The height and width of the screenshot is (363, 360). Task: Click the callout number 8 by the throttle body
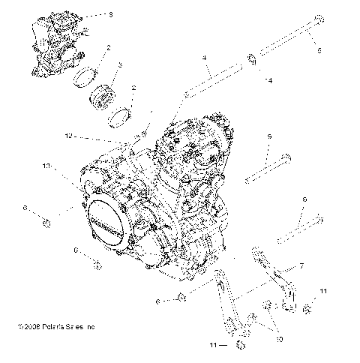tap(111, 13)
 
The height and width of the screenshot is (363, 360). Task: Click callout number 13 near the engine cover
tap(46, 165)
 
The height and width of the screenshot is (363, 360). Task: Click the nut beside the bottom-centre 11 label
tap(238, 345)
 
